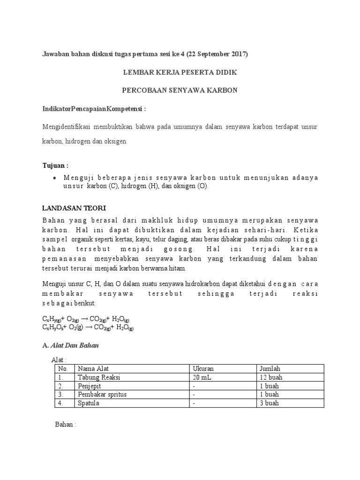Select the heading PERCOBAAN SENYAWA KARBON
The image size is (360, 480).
[x=180, y=90]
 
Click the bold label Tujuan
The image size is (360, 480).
[x=55, y=165]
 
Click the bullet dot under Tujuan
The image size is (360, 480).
[x=55, y=178]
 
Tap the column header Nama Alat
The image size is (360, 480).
[x=93, y=368]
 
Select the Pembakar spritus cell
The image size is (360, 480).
[x=103, y=395]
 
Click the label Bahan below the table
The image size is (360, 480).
[x=65, y=425]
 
